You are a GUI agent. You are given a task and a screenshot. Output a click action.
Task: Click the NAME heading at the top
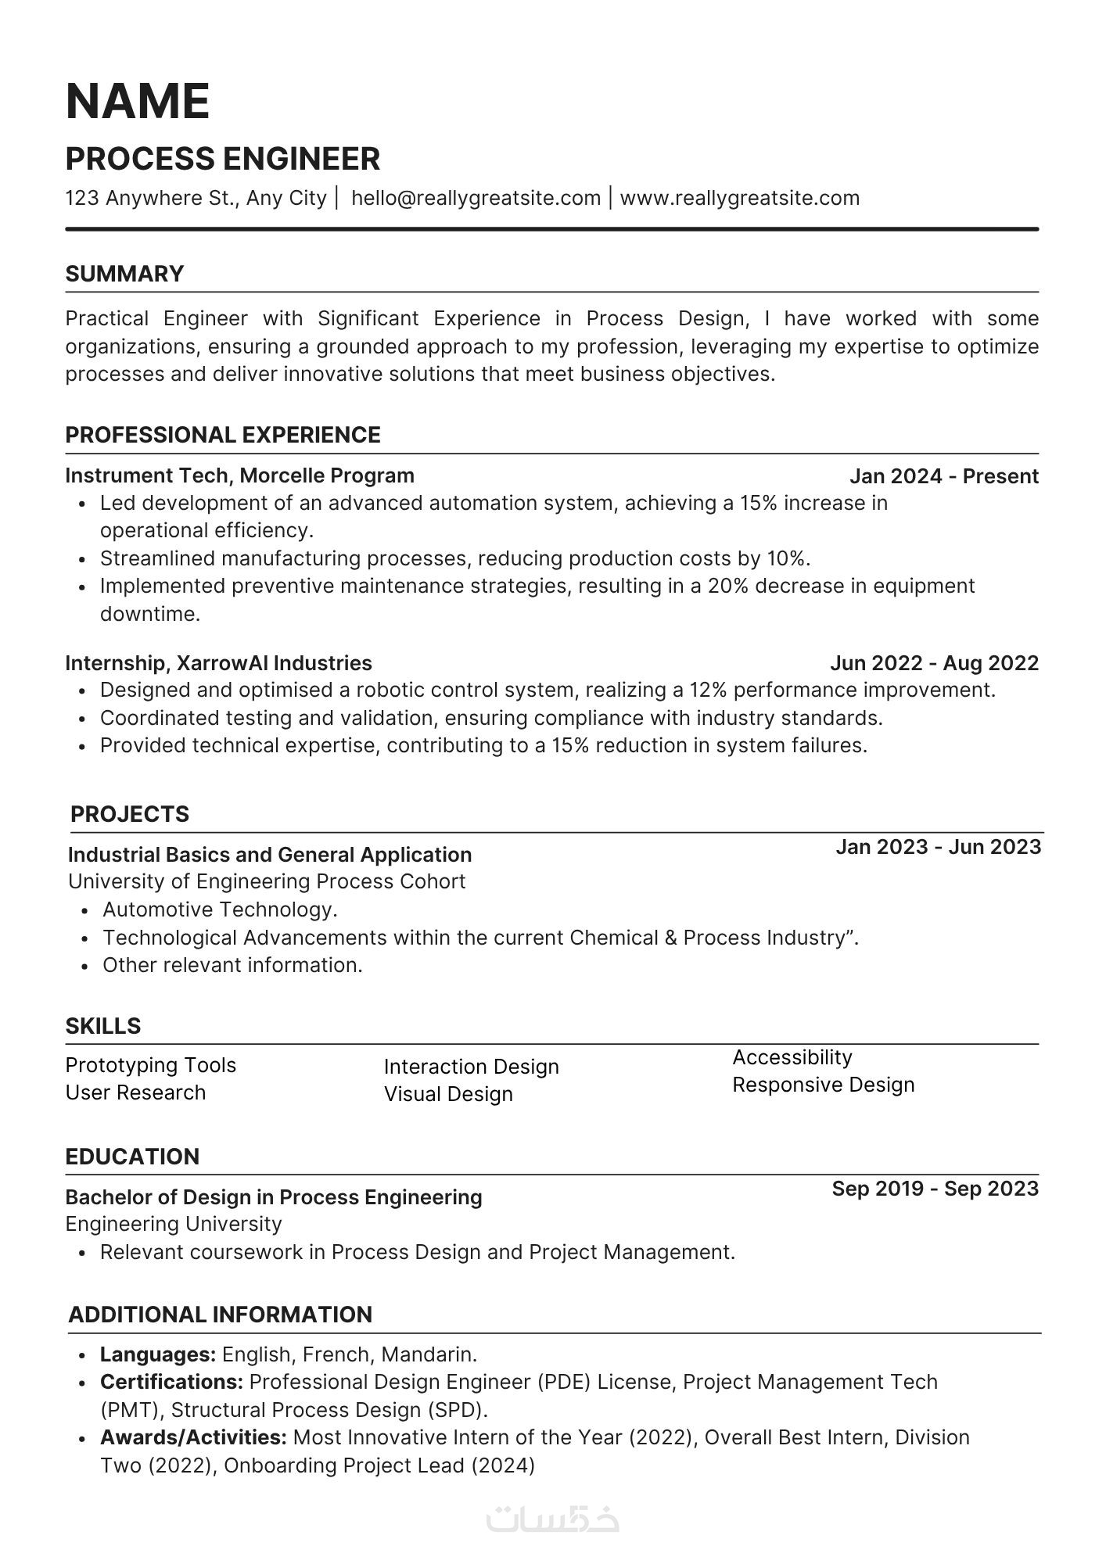pos(138,102)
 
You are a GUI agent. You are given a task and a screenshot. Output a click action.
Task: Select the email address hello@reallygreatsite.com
pos(476,198)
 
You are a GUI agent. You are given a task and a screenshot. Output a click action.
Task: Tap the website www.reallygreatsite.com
pos(739,198)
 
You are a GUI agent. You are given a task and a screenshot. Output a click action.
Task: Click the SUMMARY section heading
pos(124,274)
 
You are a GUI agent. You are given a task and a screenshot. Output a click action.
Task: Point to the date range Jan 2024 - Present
pos(943,476)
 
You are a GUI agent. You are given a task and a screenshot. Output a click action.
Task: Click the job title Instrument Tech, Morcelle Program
pos(239,475)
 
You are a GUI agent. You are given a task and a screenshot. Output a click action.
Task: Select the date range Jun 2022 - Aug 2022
pos(934,663)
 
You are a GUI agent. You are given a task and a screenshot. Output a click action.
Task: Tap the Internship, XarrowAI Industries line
pos(218,663)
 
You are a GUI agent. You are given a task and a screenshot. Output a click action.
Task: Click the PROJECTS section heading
pos(130,814)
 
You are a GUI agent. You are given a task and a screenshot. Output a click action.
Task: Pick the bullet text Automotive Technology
pos(220,909)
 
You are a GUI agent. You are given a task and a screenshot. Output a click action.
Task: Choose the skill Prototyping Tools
pos(150,1065)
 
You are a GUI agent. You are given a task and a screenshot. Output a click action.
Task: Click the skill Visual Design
pos(448,1094)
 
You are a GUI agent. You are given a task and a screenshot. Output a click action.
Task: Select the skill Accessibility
pos(792,1057)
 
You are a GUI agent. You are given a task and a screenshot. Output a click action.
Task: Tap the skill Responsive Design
pos(823,1085)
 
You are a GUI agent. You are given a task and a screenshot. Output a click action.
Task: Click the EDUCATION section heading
pos(132,1157)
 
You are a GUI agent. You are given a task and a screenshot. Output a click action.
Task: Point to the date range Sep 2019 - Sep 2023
pos(935,1189)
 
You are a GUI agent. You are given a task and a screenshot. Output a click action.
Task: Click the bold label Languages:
pos(158,1354)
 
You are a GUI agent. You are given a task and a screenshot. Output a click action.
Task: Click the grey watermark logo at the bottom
pos(552,1519)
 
